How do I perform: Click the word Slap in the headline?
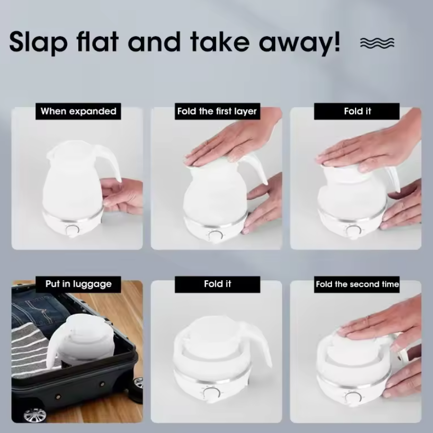[x=38, y=42]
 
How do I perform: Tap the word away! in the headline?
[x=299, y=43]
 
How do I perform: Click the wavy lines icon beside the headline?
[x=377, y=43]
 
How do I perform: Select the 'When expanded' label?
[x=78, y=111]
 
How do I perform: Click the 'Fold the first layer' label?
[x=217, y=111]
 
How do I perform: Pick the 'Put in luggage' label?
[x=78, y=284]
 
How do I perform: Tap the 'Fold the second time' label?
[x=357, y=284]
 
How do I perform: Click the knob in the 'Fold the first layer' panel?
[x=216, y=236]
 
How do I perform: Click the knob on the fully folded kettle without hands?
[x=212, y=393]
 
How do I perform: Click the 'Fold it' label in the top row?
[x=357, y=111]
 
